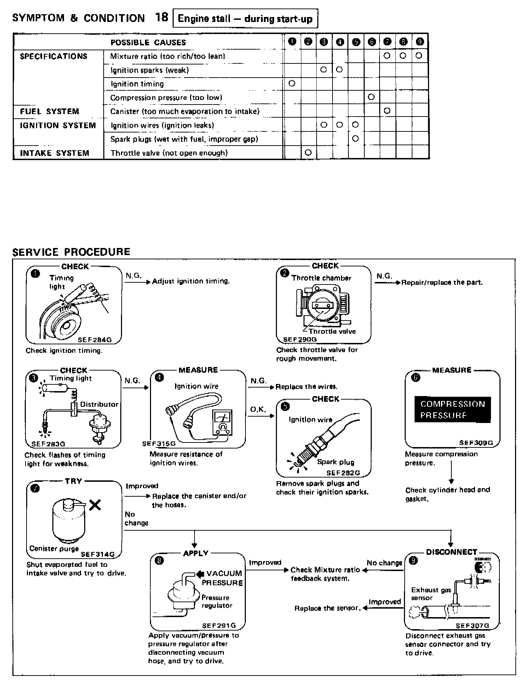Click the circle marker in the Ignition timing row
(292, 84)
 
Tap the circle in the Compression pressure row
(371, 97)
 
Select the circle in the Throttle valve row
(308, 153)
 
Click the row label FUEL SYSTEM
(50, 112)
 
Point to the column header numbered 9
(420, 42)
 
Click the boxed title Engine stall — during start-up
(245, 19)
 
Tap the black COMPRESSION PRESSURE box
(452, 410)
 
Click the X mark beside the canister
(95, 505)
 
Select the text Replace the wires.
(306, 387)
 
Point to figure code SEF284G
(95, 340)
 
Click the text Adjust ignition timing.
(191, 281)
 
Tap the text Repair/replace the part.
(442, 283)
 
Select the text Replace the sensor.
(328, 609)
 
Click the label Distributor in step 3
(99, 405)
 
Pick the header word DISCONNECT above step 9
(451, 552)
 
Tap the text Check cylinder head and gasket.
(447, 494)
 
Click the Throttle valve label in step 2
(332, 332)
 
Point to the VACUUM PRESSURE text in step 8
(222, 578)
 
